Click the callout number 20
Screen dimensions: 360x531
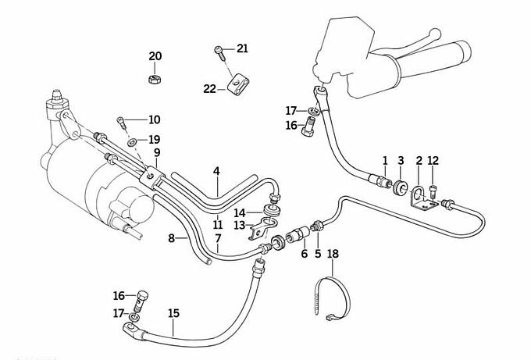[155, 56]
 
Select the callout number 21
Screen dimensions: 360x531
[242, 49]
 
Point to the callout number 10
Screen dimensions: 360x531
[154, 119]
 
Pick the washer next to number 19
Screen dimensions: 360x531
[132, 141]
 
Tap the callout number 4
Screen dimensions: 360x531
[216, 170]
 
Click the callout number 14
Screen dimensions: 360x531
[241, 212]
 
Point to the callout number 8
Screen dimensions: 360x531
[171, 238]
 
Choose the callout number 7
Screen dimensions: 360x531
[218, 237]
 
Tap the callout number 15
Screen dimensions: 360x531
[173, 313]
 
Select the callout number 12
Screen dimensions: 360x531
[433, 161]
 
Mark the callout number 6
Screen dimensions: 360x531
[305, 253]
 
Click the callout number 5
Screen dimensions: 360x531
[318, 253]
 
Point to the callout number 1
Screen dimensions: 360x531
[385, 161]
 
